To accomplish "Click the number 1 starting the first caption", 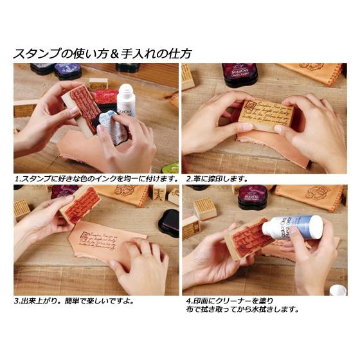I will [16, 178].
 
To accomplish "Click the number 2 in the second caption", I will [187, 178].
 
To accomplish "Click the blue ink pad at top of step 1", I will [67, 70].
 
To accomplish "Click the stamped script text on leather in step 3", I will [96, 242].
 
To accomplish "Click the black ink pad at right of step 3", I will [168, 222].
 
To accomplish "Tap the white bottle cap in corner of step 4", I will [337, 290].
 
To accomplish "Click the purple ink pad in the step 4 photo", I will [251, 195].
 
